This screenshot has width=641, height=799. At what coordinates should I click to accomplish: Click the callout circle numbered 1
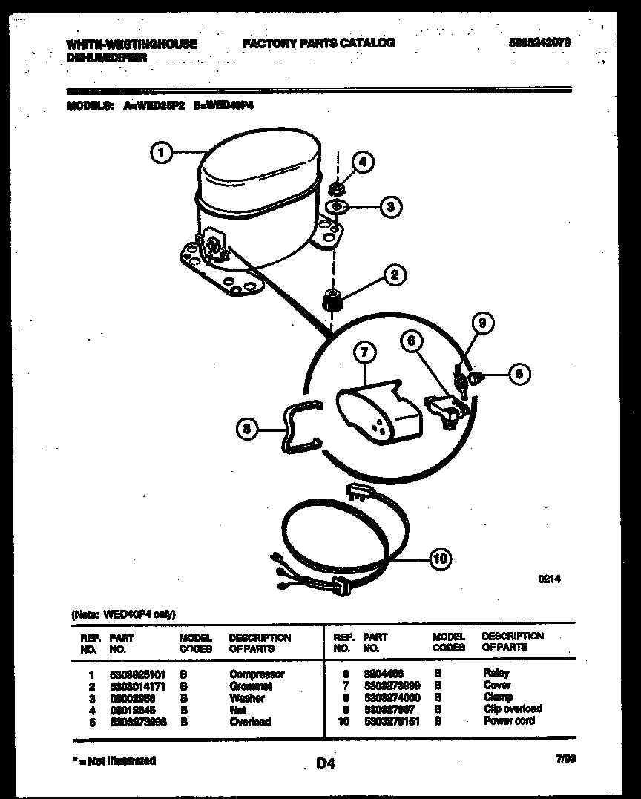coord(161,154)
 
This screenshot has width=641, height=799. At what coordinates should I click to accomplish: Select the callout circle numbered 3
coord(391,207)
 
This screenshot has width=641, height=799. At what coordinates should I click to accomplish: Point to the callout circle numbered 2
coord(394,275)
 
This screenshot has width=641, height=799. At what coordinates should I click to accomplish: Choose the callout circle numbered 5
coord(519,374)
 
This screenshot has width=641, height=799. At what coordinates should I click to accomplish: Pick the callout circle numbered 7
coord(363,355)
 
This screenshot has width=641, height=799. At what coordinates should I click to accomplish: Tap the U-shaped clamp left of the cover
coord(297,429)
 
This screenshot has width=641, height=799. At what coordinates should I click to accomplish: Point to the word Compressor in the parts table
coord(257,674)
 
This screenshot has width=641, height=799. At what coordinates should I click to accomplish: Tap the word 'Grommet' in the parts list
coord(251,686)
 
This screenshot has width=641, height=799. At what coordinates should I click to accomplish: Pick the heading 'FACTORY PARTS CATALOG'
coord(319,43)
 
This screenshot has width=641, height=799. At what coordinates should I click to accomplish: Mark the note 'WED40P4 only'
coord(123,614)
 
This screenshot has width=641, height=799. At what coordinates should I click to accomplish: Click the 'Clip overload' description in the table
coord(513,708)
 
